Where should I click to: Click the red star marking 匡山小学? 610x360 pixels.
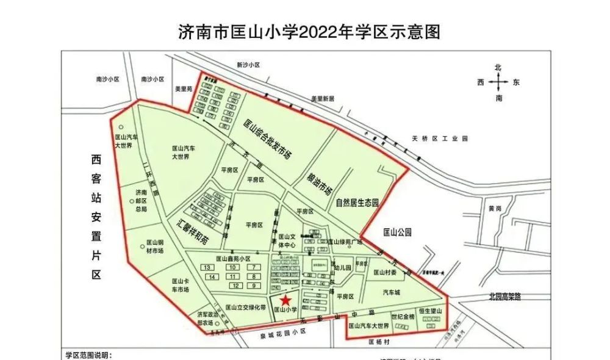point(285,300)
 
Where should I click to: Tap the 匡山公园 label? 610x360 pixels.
point(397,232)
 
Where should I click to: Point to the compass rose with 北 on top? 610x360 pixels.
point(498,82)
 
